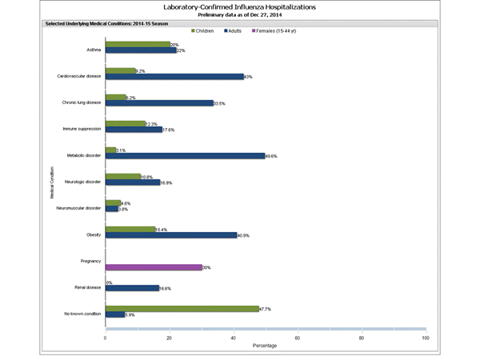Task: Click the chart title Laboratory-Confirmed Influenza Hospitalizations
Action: (x=239, y=6)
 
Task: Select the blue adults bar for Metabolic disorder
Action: (x=185, y=156)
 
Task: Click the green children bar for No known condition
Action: (x=182, y=308)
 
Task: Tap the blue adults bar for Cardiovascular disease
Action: (x=174, y=77)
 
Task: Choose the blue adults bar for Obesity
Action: (x=171, y=235)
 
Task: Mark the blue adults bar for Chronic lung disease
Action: (x=159, y=103)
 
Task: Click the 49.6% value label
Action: (x=271, y=157)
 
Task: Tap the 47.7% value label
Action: (x=266, y=308)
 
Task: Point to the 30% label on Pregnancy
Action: (x=206, y=267)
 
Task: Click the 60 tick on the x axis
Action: (x=297, y=338)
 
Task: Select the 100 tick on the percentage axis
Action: (x=425, y=338)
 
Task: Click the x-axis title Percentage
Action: (x=265, y=347)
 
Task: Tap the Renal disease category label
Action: (x=86, y=286)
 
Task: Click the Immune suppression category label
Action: (x=81, y=127)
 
